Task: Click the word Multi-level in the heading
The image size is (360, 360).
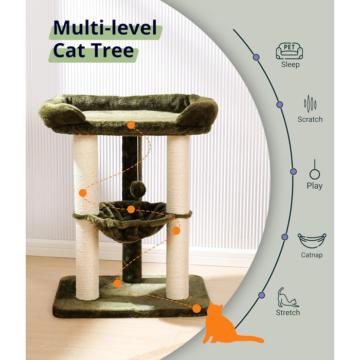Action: coord(105,28)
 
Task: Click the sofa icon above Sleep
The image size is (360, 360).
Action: coord(289,51)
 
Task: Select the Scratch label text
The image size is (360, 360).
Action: coord(310,119)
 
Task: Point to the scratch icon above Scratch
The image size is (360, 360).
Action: coord(310,104)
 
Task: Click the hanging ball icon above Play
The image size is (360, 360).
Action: coord(315,169)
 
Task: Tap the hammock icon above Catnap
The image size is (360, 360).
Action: coord(312,241)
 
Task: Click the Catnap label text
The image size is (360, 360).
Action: coord(312,255)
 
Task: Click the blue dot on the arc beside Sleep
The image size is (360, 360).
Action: coord(256,57)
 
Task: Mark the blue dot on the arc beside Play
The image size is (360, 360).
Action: coord(293,171)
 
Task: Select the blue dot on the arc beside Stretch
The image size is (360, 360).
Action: coord(261,295)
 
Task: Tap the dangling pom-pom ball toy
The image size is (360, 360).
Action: coord(138,189)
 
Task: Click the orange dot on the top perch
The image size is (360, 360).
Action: coord(131,125)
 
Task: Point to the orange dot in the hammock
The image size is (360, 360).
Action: coord(131,209)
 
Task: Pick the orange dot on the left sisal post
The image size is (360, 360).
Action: coord(83,193)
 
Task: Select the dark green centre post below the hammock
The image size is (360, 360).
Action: coord(132,262)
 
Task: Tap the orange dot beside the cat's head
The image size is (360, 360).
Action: coord(196,309)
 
